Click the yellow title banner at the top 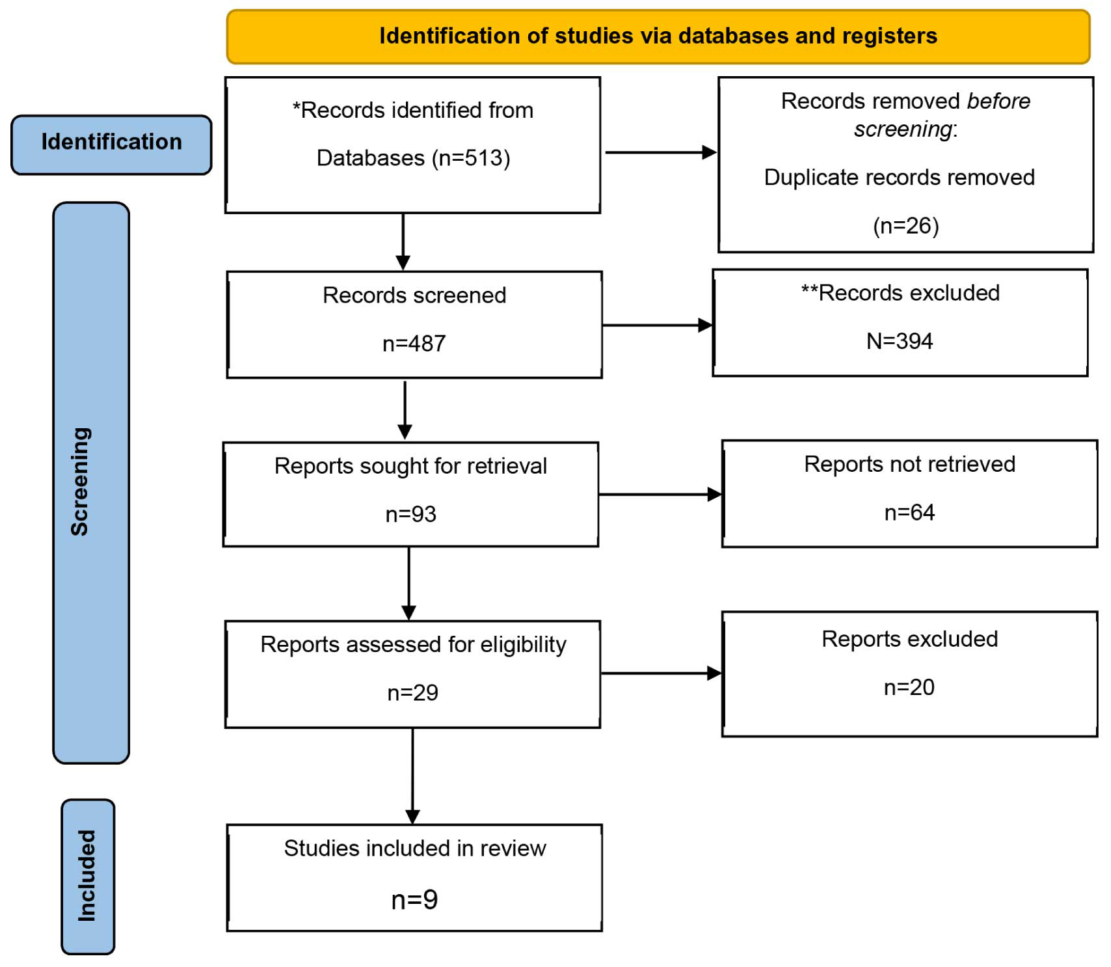658,36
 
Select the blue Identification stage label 111,144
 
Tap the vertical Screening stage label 91,482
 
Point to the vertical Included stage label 88,877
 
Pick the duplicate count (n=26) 905,226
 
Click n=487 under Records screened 414,343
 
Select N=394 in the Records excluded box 900,341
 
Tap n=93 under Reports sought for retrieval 410,514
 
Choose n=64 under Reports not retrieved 909,513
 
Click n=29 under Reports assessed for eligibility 412,692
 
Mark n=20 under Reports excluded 909,687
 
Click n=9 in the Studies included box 414,900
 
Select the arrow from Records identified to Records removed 661,152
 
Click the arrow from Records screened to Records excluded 658,325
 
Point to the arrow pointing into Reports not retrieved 660,495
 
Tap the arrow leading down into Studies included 412,776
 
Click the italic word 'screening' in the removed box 903,129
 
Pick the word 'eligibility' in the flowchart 524,645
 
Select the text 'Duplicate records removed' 899,177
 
